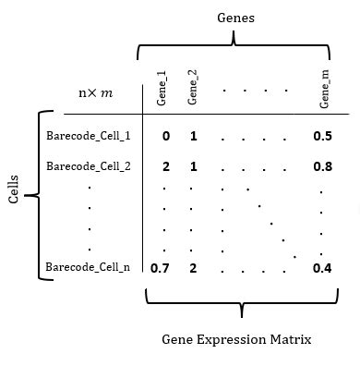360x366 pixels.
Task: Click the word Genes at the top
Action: click(x=235, y=18)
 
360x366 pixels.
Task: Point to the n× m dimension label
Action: click(x=95, y=93)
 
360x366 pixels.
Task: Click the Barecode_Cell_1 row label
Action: click(x=88, y=136)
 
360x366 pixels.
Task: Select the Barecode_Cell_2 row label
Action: click(x=88, y=166)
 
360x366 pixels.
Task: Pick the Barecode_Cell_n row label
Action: click(x=88, y=268)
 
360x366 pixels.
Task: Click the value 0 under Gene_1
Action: click(x=165, y=136)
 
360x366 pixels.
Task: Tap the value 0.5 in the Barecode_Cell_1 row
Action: click(x=322, y=136)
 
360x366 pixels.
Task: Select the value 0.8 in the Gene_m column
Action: click(x=322, y=167)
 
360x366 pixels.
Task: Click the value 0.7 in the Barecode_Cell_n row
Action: click(x=160, y=269)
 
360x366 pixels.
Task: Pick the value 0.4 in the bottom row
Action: click(x=322, y=269)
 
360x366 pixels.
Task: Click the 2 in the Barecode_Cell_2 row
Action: click(x=165, y=167)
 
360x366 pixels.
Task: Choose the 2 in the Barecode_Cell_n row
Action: click(x=194, y=269)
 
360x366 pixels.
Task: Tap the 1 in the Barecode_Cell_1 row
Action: click(x=194, y=136)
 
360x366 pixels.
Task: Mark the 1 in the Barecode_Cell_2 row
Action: click(x=194, y=167)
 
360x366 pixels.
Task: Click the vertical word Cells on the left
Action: click(x=14, y=196)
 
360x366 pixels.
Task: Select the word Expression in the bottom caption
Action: click(x=235, y=339)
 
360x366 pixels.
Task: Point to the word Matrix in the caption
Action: click(x=291, y=339)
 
